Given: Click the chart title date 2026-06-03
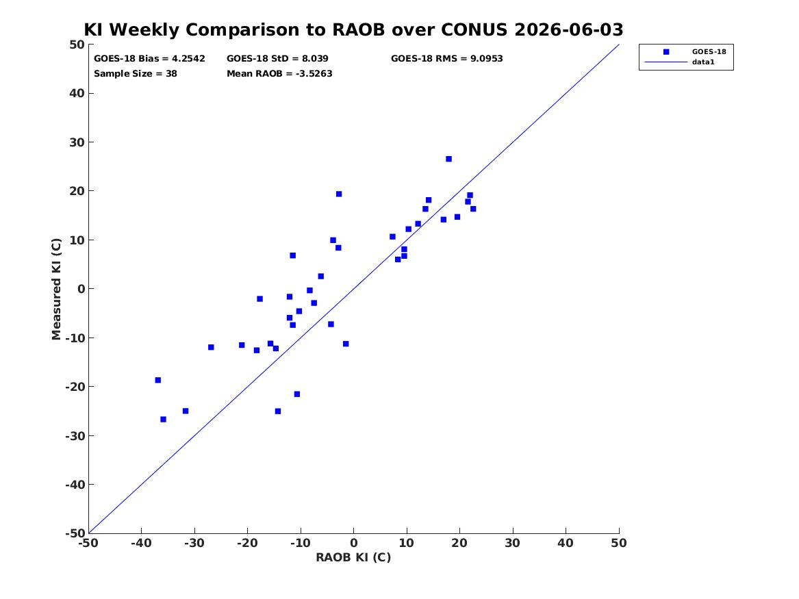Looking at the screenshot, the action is pyautogui.click(x=569, y=29).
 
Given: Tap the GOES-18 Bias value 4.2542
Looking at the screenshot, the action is pyautogui.click(x=188, y=59).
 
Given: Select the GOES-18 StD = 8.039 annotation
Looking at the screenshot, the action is pyautogui.click(x=277, y=59).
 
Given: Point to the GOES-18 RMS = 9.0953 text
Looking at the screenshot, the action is pyautogui.click(x=447, y=59).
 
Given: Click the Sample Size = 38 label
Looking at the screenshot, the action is pyautogui.click(x=136, y=74).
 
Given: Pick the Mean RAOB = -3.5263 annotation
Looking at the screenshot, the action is pyautogui.click(x=279, y=74).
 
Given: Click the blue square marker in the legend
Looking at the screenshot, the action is pyautogui.click(x=666, y=52).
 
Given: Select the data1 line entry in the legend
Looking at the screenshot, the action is pyautogui.click(x=666, y=62).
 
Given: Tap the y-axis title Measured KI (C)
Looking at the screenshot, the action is pyautogui.click(x=56, y=289).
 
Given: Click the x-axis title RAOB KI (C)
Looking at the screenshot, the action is pyautogui.click(x=353, y=557).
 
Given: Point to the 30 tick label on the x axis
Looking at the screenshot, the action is pyautogui.click(x=513, y=543).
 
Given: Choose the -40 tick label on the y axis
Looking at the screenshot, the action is pyautogui.click(x=75, y=485).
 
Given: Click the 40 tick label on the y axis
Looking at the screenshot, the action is pyautogui.click(x=77, y=93).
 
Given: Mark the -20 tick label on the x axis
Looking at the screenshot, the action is pyautogui.click(x=247, y=543).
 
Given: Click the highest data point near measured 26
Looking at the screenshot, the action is pyautogui.click(x=449, y=159).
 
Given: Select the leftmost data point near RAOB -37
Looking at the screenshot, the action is pyautogui.click(x=158, y=380).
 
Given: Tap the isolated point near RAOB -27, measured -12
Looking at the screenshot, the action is pyautogui.click(x=211, y=347).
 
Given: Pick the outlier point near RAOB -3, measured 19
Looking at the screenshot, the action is pyautogui.click(x=339, y=194).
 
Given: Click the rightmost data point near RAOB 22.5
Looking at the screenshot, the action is pyautogui.click(x=473, y=209).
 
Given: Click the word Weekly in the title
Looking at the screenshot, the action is pyautogui.click(x=144, y=30).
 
